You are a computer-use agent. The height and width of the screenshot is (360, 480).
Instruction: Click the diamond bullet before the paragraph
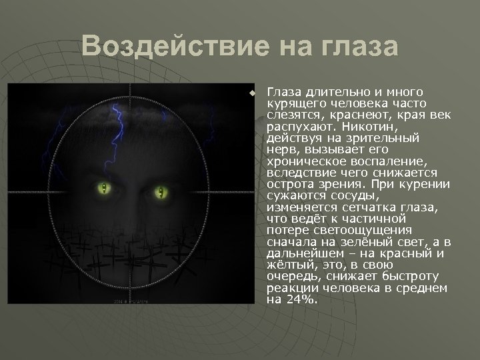(x=252, y=93)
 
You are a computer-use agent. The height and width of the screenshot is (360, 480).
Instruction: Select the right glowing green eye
(x=160, y=193)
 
